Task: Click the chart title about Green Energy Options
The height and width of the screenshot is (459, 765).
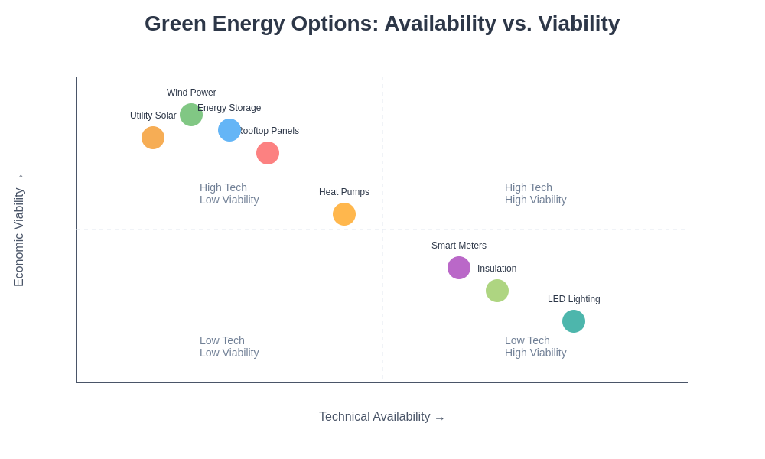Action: click(382, 24)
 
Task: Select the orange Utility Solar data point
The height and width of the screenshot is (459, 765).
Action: click(153, 138)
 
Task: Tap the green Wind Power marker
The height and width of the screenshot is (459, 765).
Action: click(191, 115)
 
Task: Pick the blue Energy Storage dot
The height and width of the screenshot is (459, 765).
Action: click(229, 130)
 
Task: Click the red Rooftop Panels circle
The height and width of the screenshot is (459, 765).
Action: click(268, 153)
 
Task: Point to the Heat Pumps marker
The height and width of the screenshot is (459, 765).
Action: click(344, 214)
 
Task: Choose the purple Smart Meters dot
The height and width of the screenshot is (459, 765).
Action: click(459, 268)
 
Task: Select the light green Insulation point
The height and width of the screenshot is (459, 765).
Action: click(497, 291)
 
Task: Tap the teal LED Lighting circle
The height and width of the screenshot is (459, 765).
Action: click(574, 321)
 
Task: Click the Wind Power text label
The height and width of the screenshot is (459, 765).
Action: click(191, 93)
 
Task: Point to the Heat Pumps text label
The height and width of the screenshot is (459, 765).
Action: click(344, 192)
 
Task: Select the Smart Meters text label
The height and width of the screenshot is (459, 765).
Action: click(459, 246)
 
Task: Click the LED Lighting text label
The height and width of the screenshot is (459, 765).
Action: click(574, 299)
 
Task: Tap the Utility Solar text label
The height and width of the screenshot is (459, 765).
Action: click(153, 116)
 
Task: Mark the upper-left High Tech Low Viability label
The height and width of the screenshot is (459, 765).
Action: click(229, 194)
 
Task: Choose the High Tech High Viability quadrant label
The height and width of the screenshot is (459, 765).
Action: click(535, 194)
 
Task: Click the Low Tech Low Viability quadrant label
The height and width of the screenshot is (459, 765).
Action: click(229, 347)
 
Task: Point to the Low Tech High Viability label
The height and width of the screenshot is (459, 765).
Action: click(535, 347)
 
